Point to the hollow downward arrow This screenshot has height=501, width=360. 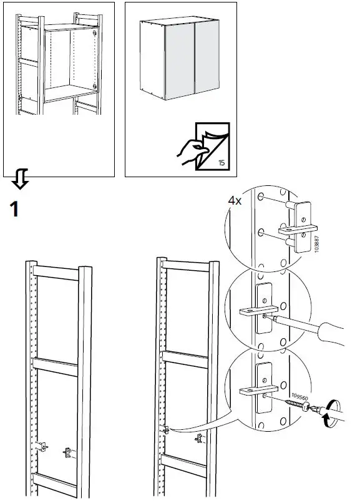click(x=20, y=181)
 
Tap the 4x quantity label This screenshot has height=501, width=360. click(x=235, y=201)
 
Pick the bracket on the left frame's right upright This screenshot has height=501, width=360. click(x=67, y=450)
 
